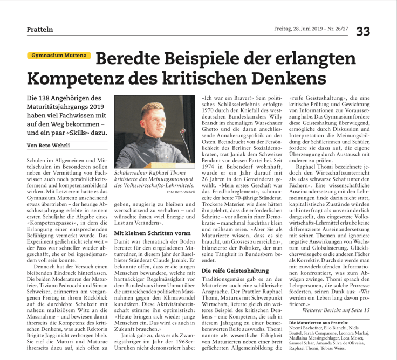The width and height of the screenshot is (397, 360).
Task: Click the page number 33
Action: (x=362, y=31)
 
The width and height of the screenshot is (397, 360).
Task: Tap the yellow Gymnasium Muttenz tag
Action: (x=60, y=56)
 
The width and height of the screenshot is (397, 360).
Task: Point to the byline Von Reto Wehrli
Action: (x=51, y=146)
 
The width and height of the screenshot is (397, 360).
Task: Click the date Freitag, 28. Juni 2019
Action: (x=296, y=30)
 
